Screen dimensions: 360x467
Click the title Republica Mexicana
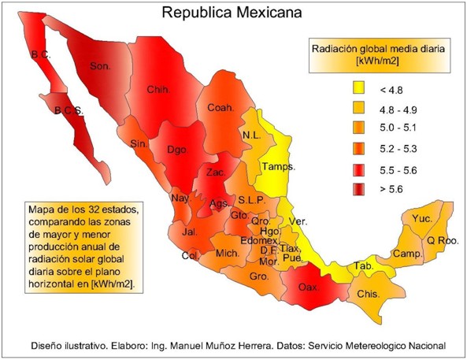coord(233,13)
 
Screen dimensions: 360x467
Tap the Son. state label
coord(101,66)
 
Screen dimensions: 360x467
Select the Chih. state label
coord(160,90)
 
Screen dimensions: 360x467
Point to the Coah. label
coord(221,107)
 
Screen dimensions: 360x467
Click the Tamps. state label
coord(279,167)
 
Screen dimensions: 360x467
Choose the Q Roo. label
coord(442,240)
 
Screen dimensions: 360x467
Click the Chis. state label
coord(368,294)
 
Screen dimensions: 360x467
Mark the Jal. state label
coord(188,232)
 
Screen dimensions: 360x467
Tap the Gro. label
coord(259,277)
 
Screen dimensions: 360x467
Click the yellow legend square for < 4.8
coord(359,87)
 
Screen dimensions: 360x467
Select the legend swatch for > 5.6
coord(359,189)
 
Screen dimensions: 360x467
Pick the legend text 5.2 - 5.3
coord(400,148)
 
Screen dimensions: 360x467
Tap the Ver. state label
coord(298,221)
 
